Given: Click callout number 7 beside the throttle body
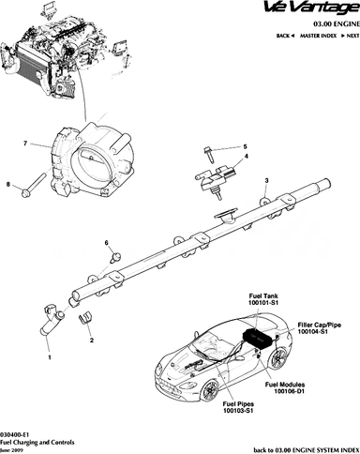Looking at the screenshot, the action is pos(25,144).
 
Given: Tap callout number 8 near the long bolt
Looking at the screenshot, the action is pos(8,185).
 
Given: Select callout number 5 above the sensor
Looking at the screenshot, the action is pos(245,146).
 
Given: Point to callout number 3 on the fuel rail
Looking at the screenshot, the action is pos(266,180).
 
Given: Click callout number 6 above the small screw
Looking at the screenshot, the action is pos(106,243).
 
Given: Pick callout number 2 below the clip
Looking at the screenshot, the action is pos(92,340).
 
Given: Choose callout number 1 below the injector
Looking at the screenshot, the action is pos(50,357).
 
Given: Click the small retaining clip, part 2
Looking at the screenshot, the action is pos(82,318).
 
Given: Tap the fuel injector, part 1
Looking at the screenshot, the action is pos(52,320).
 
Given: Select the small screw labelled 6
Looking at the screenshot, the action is pos(115,258).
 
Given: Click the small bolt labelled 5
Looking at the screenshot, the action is pos(209,155).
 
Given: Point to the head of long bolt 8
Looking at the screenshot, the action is pos(25,193).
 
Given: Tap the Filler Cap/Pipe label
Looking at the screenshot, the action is pos(319,325).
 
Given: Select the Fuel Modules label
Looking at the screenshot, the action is pos(285,385).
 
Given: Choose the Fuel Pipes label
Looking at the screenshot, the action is pos(238,404).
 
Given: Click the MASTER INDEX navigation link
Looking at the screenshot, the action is pos(318,36).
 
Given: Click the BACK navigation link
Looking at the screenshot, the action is pos(283,36).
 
